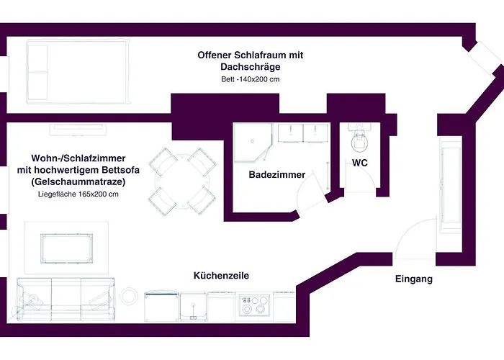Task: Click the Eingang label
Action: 414,279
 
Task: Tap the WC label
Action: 360,163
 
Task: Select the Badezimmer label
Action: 277,175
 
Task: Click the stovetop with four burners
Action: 254,305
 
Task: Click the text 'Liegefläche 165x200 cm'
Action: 78,194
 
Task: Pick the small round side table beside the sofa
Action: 129,296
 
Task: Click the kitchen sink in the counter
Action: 192,307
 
